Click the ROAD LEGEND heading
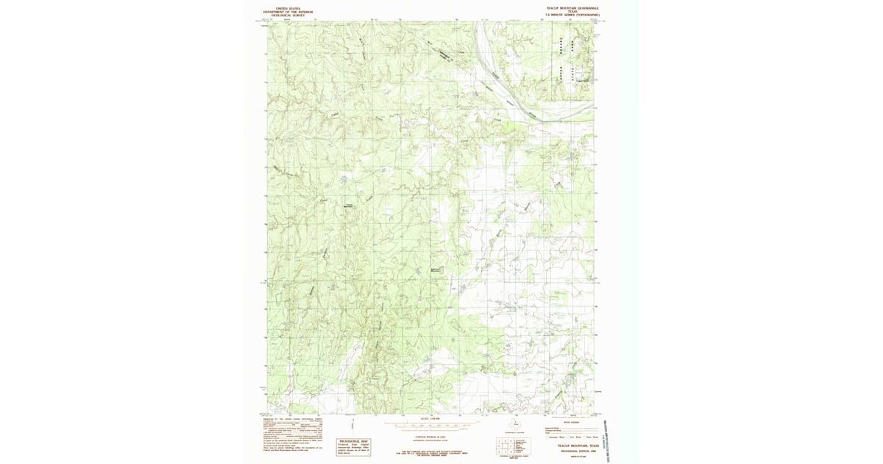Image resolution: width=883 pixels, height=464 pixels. pos(563,423)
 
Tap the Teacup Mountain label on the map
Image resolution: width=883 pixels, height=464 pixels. pos(350,205)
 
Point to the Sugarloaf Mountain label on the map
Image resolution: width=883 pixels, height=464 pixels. pos(435,270)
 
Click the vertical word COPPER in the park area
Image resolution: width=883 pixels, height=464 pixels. pos(561,74)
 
